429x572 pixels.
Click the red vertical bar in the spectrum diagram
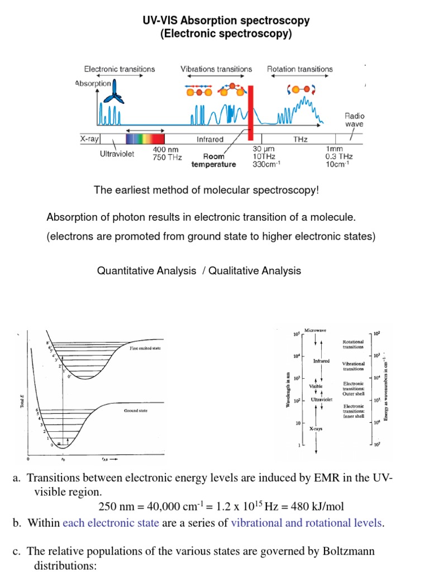(x=251, y=112)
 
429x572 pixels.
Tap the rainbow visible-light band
(x=145, y=139)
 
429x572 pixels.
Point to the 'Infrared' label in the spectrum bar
(x=210, y=139)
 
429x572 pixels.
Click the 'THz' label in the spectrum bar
(x=299, y=139)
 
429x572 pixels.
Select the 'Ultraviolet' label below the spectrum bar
(x=117, y=154)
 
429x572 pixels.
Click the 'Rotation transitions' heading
(x=300, y=69)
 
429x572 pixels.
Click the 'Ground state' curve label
(x=136, y=411)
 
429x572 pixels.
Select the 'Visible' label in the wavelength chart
(x=316, y=386)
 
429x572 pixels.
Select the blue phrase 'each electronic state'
(x=111, y=523)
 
